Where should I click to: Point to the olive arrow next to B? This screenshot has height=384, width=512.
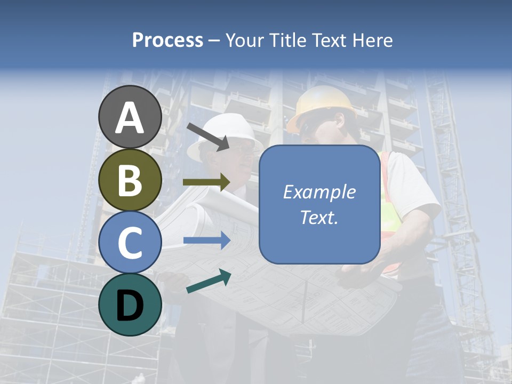[206, 182]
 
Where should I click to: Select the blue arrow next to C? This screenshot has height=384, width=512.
[206, 241]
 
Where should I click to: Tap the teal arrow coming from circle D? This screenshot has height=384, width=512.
[209, 281]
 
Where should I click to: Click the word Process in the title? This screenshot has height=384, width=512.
[167, 40]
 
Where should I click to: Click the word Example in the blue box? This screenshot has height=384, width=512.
[319, 192]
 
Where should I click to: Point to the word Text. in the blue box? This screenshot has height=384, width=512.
[319, 218]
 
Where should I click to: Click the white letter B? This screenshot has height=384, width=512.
[130, 180]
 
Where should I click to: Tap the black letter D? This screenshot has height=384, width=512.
[130, 306]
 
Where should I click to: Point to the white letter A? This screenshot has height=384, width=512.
[130, 117]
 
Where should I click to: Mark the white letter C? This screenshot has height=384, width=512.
[130, 243]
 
